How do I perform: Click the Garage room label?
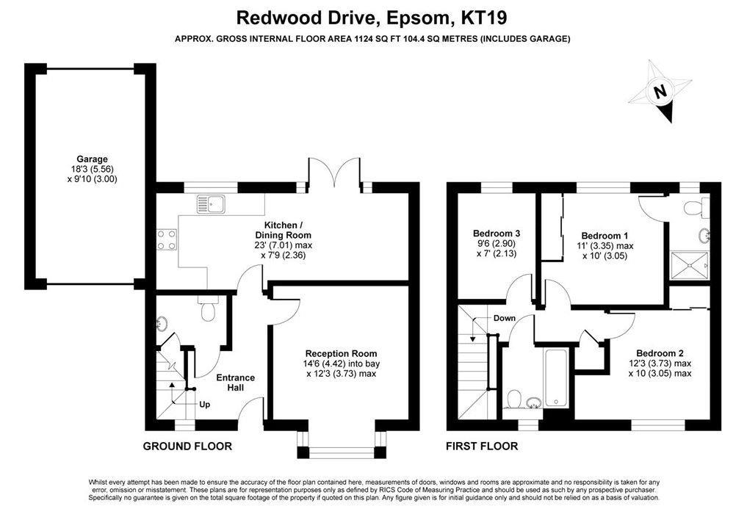pyautogui.click(x=92, y=159)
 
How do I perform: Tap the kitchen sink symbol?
pyautogui.click(x=211, y=204)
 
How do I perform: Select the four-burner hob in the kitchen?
pyautogui.click(x=167, y=239)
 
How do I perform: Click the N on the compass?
pyautogui.click(x=660, y=91)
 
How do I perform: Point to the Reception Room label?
pyautogui.click(x=341, y=353)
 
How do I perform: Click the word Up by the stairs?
pyautogui.click(x=204, y=405)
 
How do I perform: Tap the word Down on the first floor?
pyautogui.click(x=505, y=318)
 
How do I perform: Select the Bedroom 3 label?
pyautogui.click(x=497, y=234)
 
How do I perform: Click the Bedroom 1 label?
pyautogui.click(x=605, y=236)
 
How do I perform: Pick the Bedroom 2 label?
pyautogui.click(x=660, y=353)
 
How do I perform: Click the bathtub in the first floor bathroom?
pyautogui.click(x=556, y=378)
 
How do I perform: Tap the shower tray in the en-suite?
pyautogui.click(x=690, y=267)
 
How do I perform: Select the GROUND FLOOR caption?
pyautogui.click(x=188, y=447)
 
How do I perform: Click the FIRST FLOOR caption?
pyautogui.click(x=482, y=447)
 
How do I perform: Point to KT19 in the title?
pyautogui.click(x=483, y=18)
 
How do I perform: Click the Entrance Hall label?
pyautogui.click(x=235, y=383)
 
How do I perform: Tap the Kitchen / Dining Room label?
pyautogui.click(x=283, y=230)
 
